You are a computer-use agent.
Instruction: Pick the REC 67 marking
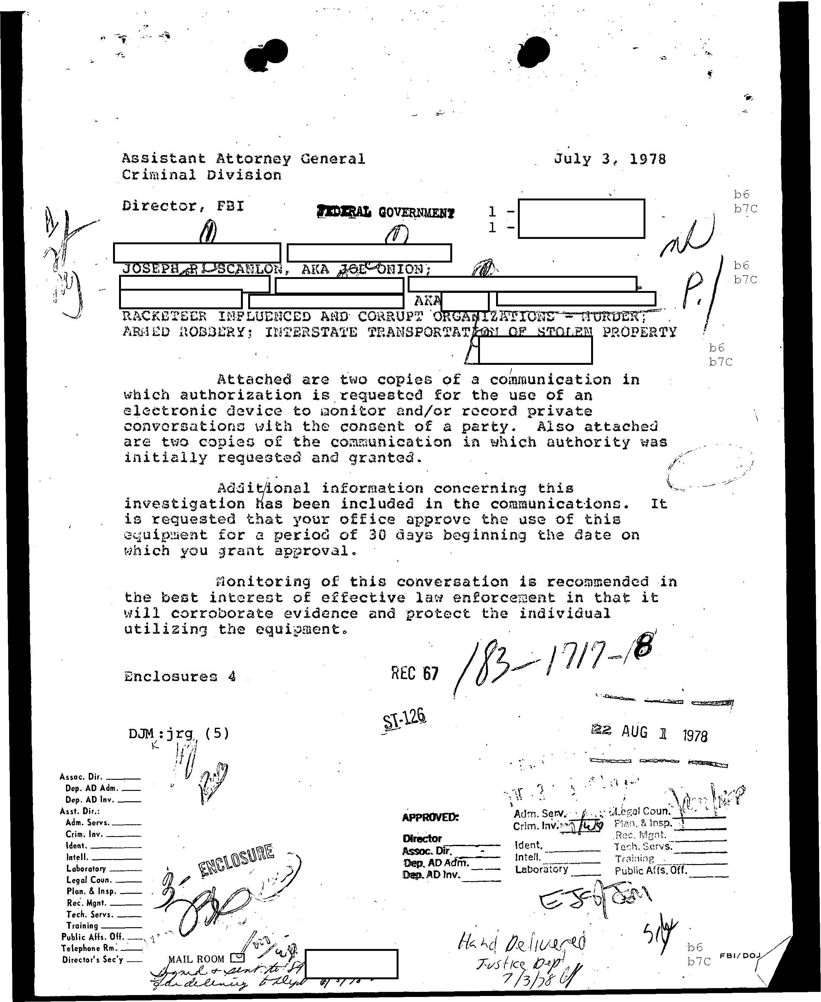[x=414, y=673]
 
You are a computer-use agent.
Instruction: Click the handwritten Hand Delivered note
[x=521, y=943]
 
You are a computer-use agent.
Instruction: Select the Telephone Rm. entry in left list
[x=92, y=948]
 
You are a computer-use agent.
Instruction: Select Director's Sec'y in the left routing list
[x=93, y=959]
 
